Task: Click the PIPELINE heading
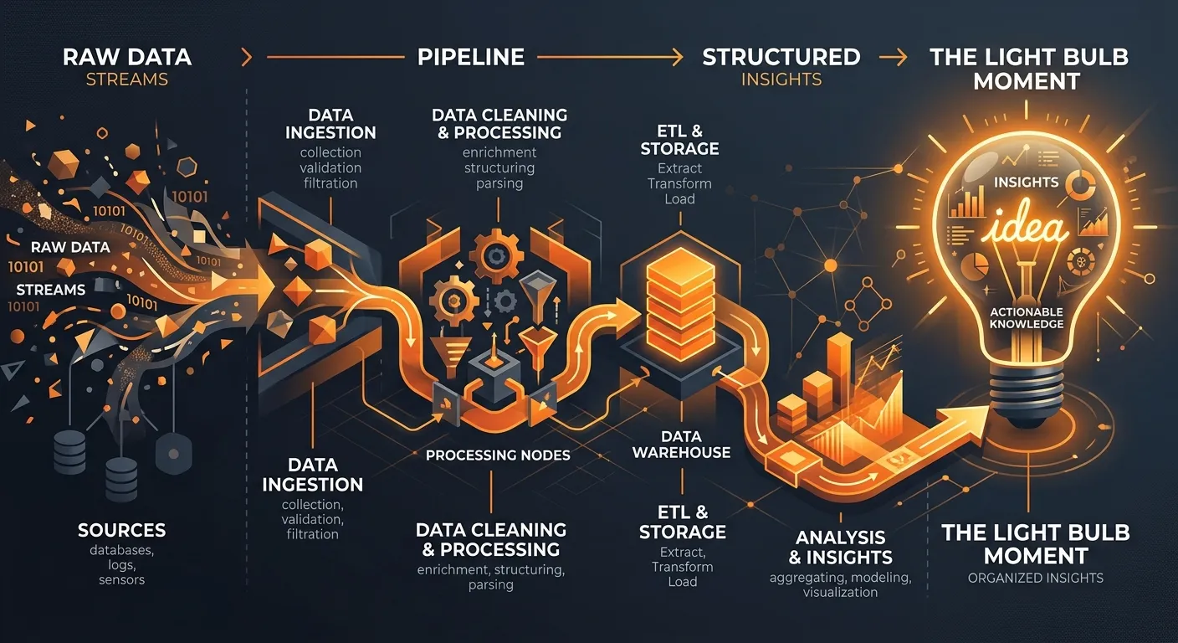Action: click(471, 57)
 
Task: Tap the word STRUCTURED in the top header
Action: click(781, 57)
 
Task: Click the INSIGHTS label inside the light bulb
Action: click(1026, 182)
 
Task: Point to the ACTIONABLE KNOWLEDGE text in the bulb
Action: click(1027, 318)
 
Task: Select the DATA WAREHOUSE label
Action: click(681, 444)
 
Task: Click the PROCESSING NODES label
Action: click(498, 455)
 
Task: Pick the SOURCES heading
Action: click(121, 530)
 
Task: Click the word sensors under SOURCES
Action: click(121, 580)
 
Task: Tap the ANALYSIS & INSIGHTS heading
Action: click(840, 548)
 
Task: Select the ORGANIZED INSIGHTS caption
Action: click(1036, 578)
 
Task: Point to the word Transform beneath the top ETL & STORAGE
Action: click(679, 183)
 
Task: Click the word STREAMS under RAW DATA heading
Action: click(126, 80)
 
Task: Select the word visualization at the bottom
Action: click(840, 593)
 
